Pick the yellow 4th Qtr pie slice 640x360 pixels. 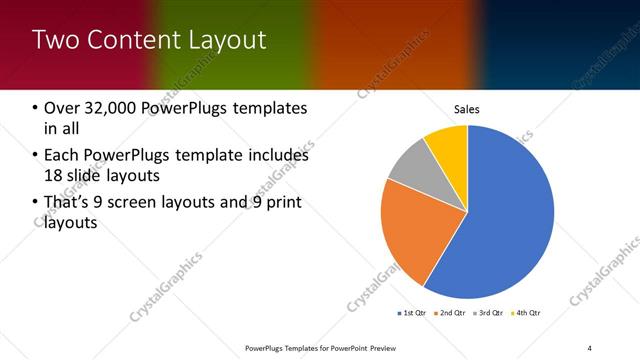(448, 146)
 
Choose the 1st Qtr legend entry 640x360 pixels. (412, 314)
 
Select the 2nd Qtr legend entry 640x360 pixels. (451, 314)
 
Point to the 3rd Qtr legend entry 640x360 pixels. (489, 314)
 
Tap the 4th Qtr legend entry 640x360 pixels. (527, 314)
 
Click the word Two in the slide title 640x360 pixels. (56, 40)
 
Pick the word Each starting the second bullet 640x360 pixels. (62, 156)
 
